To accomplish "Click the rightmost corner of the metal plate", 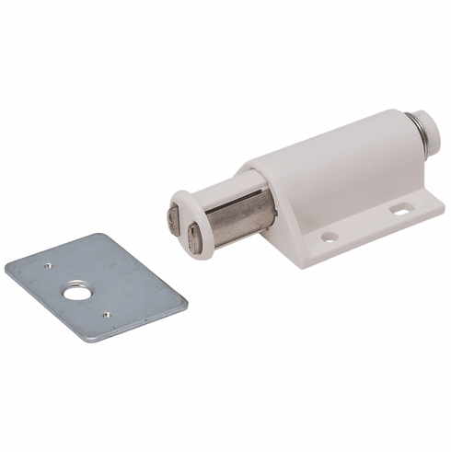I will click(x=188, y=300).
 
